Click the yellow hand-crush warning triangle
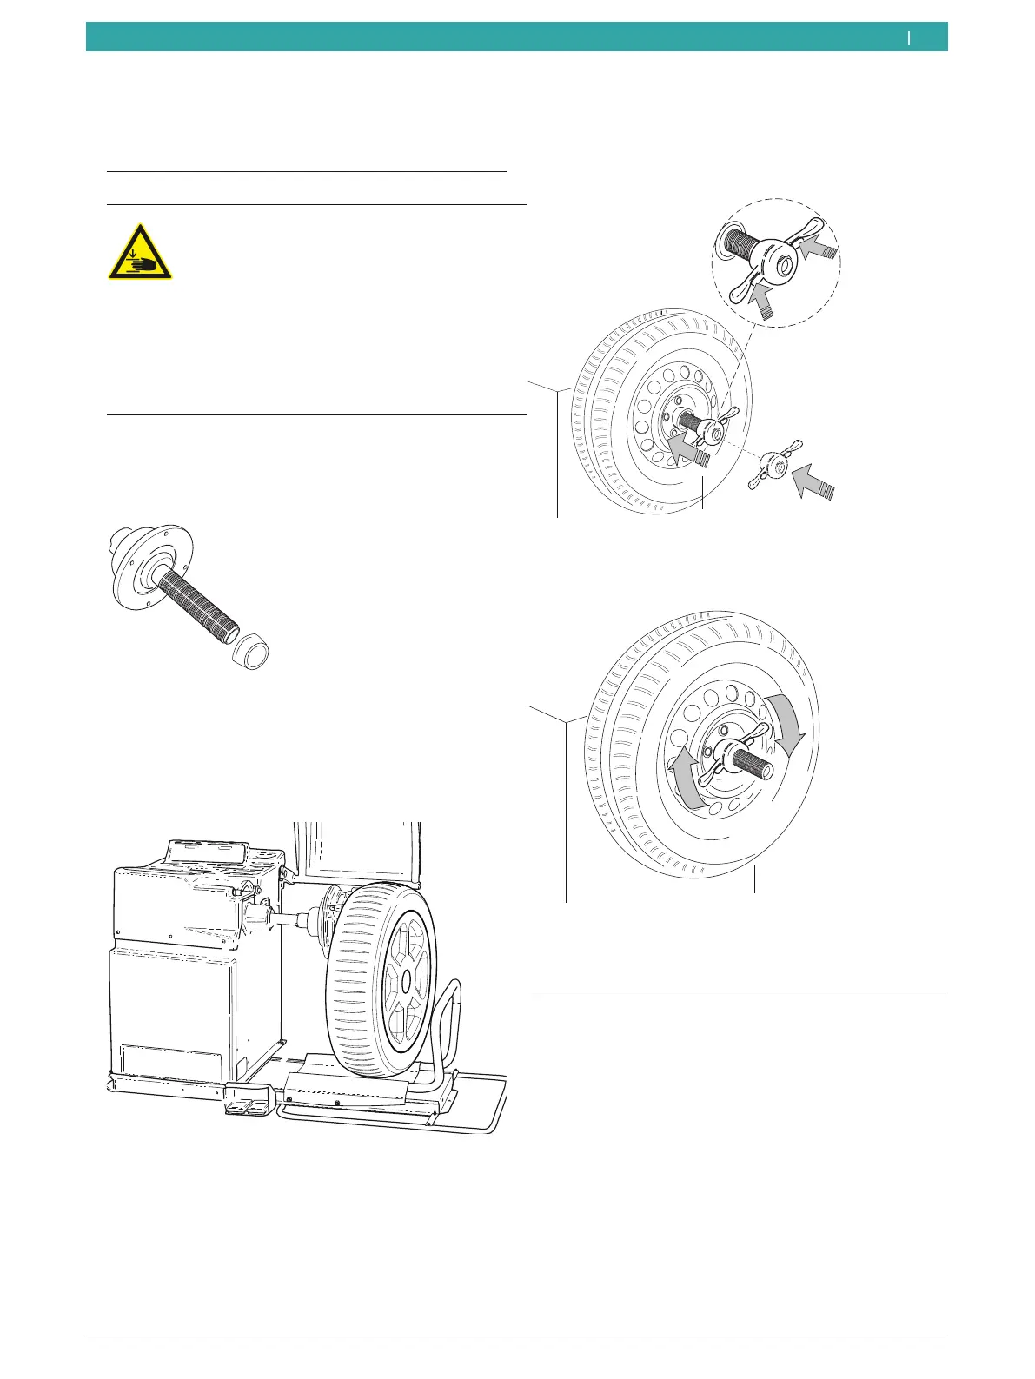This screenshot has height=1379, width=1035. [140, 253]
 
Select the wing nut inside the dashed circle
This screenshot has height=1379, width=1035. [774, 262]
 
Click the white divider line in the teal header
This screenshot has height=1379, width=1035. [909, 37]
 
